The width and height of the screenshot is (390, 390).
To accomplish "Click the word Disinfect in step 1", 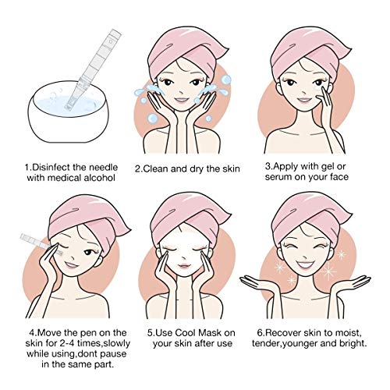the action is (x=49, y=167).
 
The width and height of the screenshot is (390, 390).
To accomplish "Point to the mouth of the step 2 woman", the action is (x=181, y=99).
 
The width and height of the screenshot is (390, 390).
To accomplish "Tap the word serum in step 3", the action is (x=277, y=177).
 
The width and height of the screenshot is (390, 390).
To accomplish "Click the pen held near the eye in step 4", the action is (x=41, y=243).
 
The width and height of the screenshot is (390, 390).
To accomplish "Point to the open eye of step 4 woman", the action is (x=89, y=252).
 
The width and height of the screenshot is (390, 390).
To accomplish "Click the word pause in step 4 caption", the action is (x=112, y=354).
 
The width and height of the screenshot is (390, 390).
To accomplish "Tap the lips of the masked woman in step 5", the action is (x=184, y=266).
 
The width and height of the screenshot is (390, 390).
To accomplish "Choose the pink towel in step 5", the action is (x=189, y=217).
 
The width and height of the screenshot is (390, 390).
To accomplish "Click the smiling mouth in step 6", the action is (x=306, y=265).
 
